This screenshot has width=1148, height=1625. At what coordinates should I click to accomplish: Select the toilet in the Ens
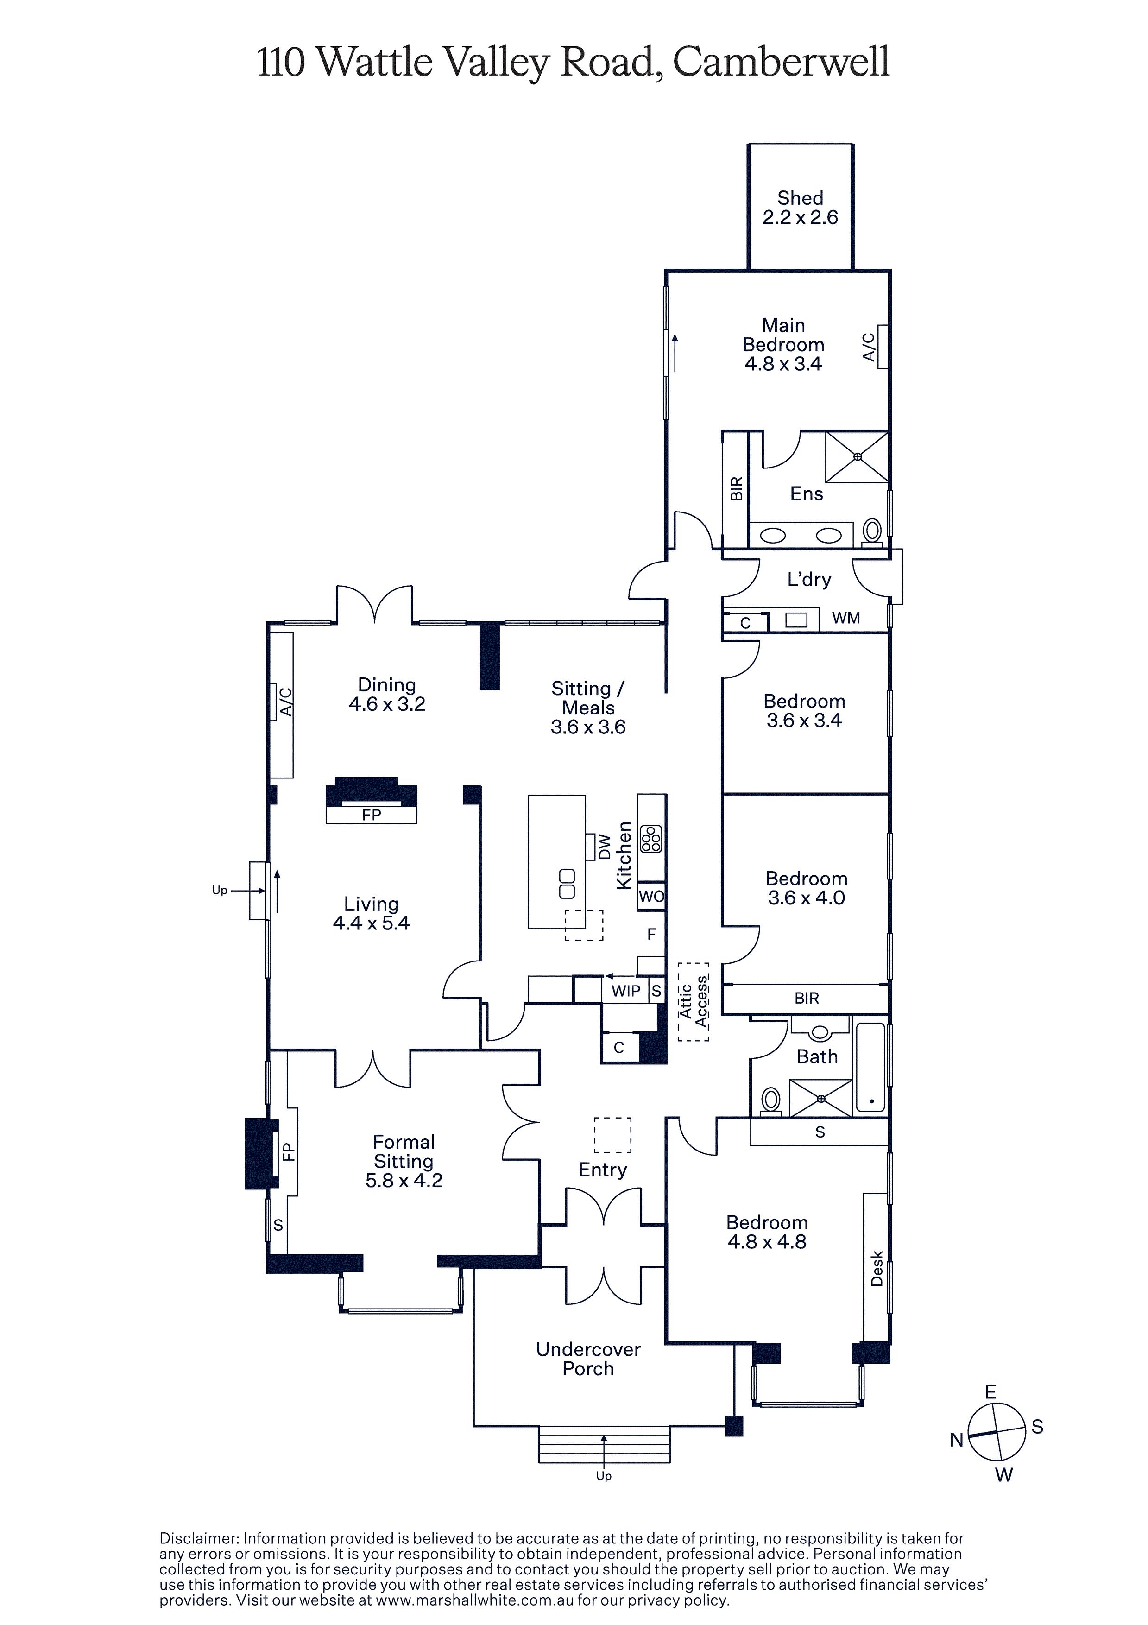click(873, 532)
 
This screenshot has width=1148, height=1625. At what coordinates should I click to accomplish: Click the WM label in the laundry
click(846, 618)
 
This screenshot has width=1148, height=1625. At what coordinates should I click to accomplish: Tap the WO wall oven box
click(651, 897)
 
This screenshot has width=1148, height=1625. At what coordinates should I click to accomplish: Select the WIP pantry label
click(626, 991)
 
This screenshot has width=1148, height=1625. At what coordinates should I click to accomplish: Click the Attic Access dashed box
click(693, 1001)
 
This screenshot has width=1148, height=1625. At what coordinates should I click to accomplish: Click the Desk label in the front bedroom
click(877, 1268)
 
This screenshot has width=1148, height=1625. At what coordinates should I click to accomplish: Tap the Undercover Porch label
click(588, 1359)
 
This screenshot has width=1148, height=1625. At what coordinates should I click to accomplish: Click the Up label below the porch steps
click(604, 1476)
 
